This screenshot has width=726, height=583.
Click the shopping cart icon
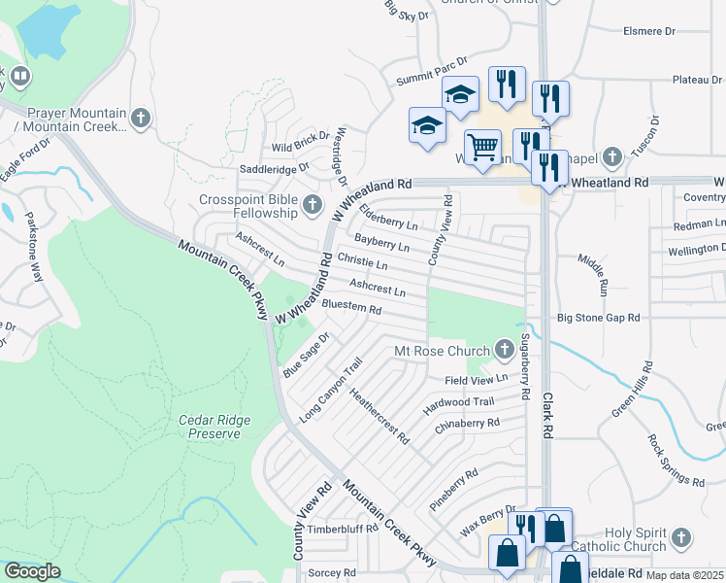482,148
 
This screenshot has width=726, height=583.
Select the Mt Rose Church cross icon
504,348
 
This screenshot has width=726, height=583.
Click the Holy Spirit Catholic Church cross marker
681,537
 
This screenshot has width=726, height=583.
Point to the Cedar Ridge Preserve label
214,427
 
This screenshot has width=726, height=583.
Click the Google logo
32,571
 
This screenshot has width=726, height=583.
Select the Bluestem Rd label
350,308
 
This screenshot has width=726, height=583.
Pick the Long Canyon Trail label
331,390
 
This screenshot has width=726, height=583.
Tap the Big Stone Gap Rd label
599,317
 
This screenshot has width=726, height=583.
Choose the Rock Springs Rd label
677,461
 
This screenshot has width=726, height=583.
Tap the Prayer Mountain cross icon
141,119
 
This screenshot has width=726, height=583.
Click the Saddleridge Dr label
274,168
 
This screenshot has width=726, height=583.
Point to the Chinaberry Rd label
467,425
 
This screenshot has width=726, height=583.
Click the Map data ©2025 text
684,575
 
